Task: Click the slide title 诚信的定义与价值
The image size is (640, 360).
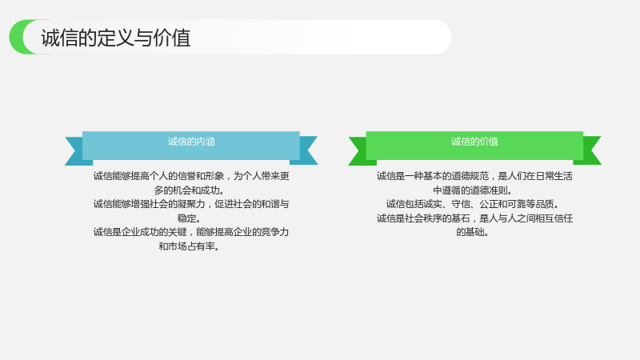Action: click(116, 38)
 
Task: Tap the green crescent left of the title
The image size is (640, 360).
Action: click(17, 37)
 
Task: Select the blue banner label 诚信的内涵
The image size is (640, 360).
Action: click(191, 142)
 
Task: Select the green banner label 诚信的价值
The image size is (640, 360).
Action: click(474, 142)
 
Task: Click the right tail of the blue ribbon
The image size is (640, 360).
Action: click(306, 150)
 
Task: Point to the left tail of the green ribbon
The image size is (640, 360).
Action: click(360, 151)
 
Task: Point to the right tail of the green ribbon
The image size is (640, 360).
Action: click(590, 150)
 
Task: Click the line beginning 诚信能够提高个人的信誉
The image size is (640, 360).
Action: click(191, 176)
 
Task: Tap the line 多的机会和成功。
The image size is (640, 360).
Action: click(189, 190)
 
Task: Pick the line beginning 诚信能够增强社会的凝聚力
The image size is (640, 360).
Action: click(191, 204)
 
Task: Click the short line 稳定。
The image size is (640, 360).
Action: click(189, 218)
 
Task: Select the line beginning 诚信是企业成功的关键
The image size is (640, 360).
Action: click(191, 232)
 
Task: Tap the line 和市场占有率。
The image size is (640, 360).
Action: click(189, 246)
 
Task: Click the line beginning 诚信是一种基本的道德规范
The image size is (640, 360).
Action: click(474, 176)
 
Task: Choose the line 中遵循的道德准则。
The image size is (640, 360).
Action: click(473, 190)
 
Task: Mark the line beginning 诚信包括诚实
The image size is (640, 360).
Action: click(472, 204)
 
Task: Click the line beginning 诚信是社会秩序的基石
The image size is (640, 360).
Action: click(474, 218)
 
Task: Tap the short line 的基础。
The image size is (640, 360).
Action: click(472, 232)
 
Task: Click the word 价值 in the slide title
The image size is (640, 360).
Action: click(172, 38)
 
